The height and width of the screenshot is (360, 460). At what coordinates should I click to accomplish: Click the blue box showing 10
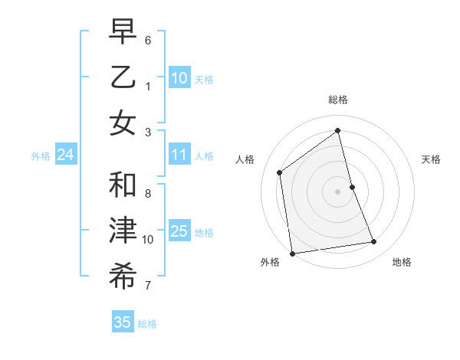coord(179,78)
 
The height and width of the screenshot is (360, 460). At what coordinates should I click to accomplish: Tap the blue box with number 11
coord(179,155)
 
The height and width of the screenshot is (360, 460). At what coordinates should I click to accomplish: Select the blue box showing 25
coord(179,231)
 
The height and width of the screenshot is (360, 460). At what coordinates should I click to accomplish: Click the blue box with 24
coord(65,155)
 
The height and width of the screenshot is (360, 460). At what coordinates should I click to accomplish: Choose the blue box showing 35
coord(122,322)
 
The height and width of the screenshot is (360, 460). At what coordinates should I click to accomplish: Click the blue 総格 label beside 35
coord(147,324)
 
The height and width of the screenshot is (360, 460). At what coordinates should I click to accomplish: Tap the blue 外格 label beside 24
coord(41,156)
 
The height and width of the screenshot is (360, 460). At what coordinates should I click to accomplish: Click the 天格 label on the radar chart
coord(431,159)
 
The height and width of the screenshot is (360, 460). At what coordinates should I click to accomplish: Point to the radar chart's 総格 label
coord(338,100)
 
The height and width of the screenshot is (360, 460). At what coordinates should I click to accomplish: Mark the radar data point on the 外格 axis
coord(292,254)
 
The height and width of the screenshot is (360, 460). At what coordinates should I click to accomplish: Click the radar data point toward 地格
coord(374,242)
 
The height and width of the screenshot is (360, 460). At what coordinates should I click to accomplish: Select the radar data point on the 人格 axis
coord(280,172)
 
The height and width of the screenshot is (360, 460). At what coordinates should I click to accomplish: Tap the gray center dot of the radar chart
coord(337,191)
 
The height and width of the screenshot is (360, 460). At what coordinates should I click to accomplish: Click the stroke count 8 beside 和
coord(148,193)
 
